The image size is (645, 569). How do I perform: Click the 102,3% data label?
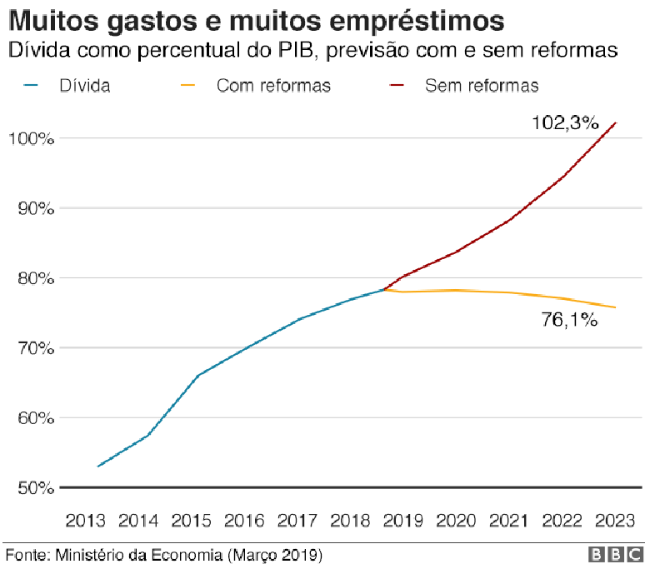click(x=566, y=123)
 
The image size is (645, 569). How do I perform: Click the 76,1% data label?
click(x=569, y=320)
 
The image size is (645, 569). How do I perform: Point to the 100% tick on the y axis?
click(x=31, y=138)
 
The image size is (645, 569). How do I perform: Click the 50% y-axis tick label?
click(x=31, y=487)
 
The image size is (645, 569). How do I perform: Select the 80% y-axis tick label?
click(x=31, y=278)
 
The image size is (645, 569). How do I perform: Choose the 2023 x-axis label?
click(x=616, y=521)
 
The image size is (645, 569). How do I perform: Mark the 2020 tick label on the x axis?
click(x=457, y=521)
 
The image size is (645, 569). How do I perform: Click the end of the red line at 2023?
click(x=616, y=122)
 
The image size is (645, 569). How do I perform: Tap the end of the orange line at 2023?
click(x=616, y=307)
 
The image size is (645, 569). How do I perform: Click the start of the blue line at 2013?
click(x=97, y=467)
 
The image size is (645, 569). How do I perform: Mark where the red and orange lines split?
click(x=383, y=289)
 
